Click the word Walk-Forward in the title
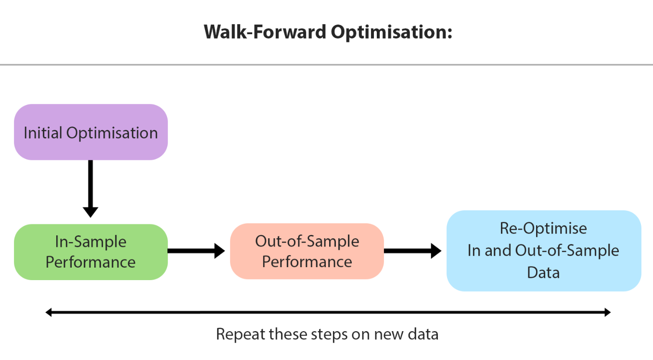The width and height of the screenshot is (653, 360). [x=265, y=32]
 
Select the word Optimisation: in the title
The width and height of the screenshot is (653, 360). [x=392, y=33]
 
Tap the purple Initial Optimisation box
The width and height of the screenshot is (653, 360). [x=90, y=132]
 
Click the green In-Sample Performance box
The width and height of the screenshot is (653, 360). [x=90, y=252]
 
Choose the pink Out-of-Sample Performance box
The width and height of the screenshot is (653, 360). [x=307, y=251]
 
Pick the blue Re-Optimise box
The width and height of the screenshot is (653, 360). [x=544, y=251]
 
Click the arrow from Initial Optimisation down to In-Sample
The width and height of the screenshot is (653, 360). [x=90, y=189]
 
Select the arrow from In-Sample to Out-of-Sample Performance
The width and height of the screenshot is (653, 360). [x=196, y=251]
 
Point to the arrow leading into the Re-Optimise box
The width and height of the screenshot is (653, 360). [x=412, y=251]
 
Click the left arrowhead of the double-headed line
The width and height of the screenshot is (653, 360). [x=49, y=312]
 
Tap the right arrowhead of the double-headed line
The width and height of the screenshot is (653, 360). [x=607, y=312]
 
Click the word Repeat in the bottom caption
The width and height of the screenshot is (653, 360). [x=240, y=334]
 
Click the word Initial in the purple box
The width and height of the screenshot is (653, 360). [x=43, y=133]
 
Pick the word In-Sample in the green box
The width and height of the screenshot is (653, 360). [x=90, y=242]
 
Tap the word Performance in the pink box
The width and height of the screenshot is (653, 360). [x=307, y=261]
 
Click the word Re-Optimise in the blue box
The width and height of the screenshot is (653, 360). [x=543, y=228]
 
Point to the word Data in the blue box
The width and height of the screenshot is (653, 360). [x=543, y=273]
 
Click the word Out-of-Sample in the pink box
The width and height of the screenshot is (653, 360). [x=307, y=241]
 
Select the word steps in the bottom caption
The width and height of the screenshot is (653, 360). [x=329, y=335]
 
